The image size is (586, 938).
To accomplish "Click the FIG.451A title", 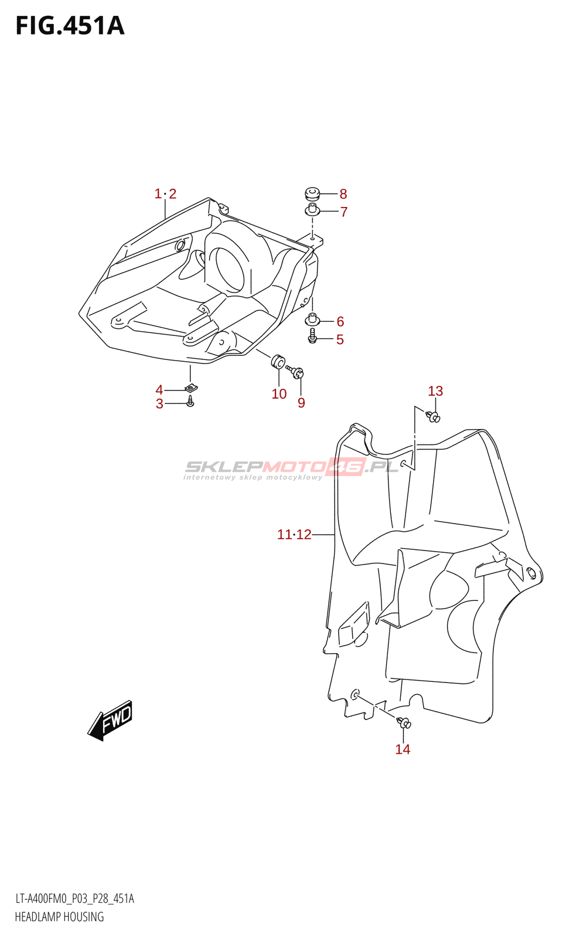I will tap(70, 26).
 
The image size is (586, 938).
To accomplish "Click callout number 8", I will tap(343, 194).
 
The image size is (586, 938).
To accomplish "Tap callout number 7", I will tap(344, 212).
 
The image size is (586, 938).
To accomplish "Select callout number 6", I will tap(340, 321).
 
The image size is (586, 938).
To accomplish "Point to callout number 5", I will tap(340, 339).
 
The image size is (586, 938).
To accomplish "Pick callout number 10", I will tap(279, 394).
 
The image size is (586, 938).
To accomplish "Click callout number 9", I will tap(301, 403).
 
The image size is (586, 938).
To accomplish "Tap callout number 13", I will tap(435, 391).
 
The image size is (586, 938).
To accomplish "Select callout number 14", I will tap(403, 749).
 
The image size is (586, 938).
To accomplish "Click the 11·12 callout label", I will tap(294, 535).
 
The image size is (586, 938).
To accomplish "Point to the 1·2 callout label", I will tap(165, 194).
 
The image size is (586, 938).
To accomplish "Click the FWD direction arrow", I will tap(111, 720).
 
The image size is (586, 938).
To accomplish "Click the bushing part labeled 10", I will tap(277, 361).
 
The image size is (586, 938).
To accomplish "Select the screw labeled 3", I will tap(190, 402).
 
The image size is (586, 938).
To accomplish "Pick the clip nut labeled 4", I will tap(191, 388).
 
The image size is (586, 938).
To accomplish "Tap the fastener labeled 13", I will tap(434, 417).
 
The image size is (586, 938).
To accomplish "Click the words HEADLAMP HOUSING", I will tap(59, 917).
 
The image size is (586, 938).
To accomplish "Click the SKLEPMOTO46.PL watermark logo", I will tap(291, 467).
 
